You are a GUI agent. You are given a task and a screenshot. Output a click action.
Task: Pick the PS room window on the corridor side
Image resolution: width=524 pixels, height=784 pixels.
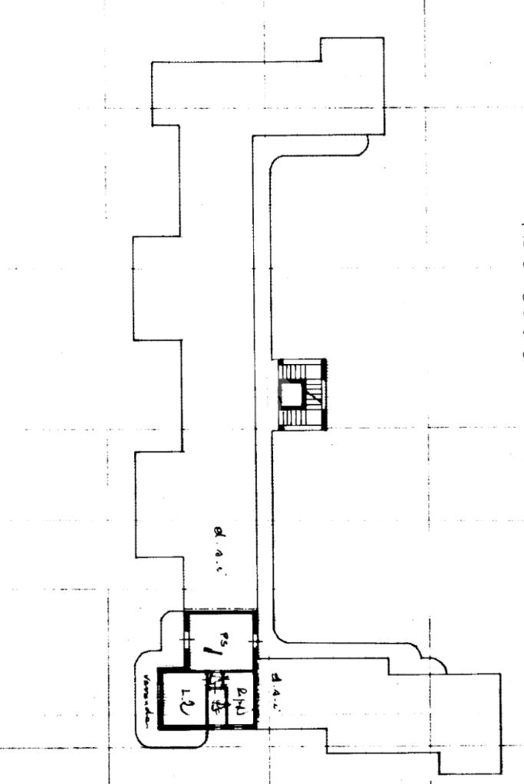pyautogui.click(x=255, y=639)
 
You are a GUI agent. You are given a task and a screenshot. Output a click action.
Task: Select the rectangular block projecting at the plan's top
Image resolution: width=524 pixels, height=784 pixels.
pyautogui.click(x=349, y=84)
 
